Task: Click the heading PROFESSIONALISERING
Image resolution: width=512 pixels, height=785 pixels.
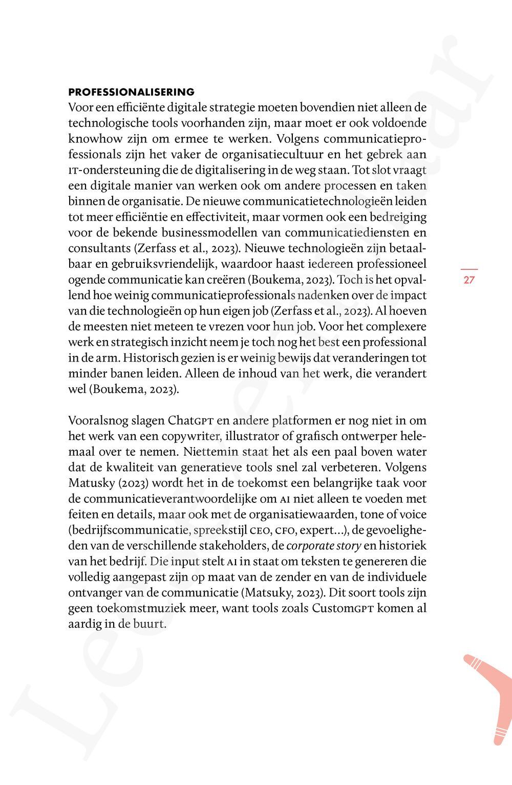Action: [132, 92]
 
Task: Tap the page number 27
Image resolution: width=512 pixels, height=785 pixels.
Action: [469, 280]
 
